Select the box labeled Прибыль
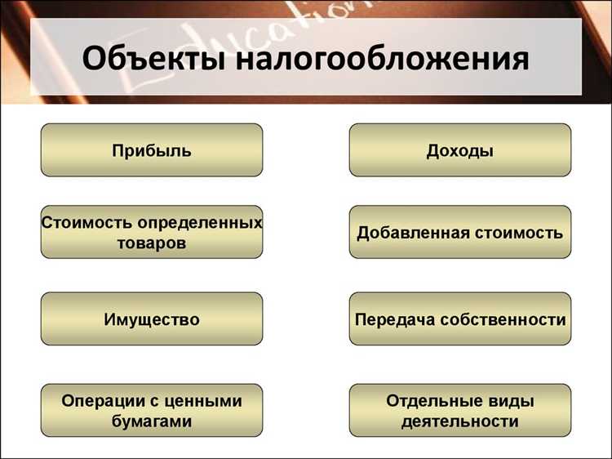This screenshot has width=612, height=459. coord(152,150)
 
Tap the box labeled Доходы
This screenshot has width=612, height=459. coord(460,150)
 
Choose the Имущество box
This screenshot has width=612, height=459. coord(152,319)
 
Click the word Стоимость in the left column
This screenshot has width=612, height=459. coord(86,222)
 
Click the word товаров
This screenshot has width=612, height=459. coord(152,243)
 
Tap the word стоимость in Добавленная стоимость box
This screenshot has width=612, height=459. coord(520,233)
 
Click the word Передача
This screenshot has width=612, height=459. coord(394,319)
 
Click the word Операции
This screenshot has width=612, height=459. coord(102,400)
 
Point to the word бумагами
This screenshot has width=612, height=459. coord(152,421)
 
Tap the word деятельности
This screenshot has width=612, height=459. coord(460,421)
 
